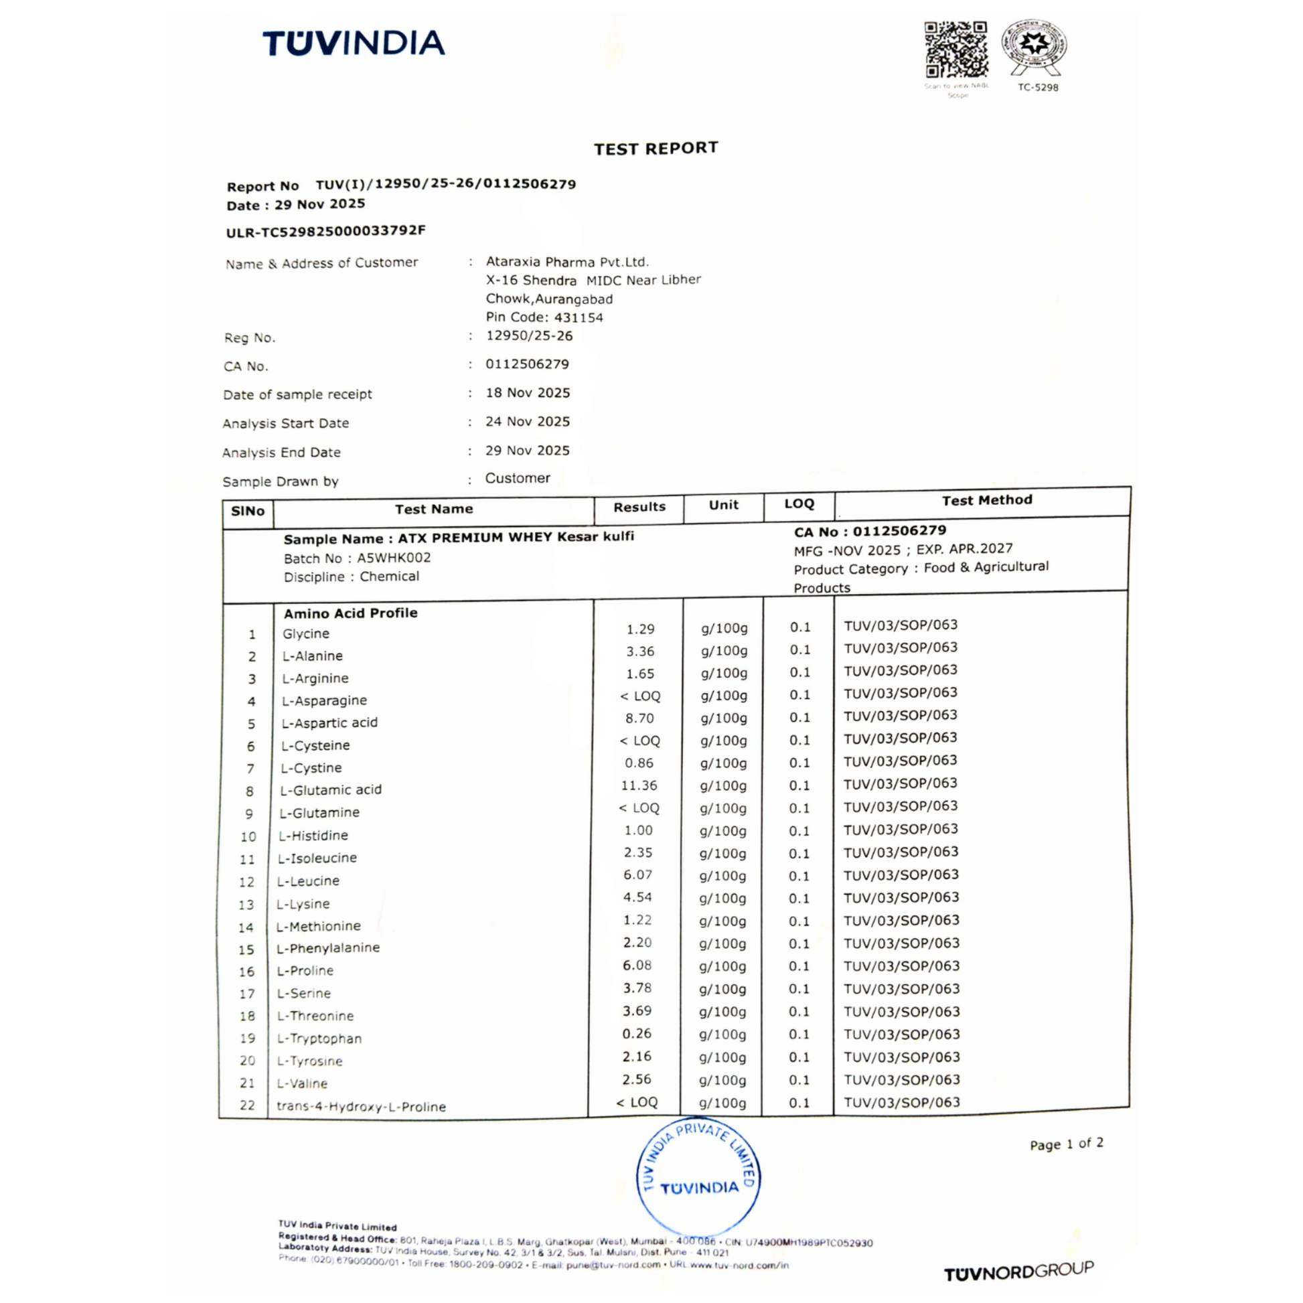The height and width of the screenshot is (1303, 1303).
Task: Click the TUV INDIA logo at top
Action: coord(354,43)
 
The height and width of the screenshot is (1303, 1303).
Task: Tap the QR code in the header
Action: coord(955,50)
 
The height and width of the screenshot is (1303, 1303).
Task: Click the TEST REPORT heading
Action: coord(656,149)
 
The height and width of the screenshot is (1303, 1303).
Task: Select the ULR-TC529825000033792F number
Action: coord(325,231)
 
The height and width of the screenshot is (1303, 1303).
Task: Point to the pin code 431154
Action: coord(578,317)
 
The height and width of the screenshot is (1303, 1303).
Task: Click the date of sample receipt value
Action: coord(528,392)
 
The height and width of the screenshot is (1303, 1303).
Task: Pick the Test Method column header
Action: coord(987,500)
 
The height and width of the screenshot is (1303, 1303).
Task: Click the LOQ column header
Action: coord(799,504)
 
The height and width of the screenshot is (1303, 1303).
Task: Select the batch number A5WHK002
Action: coord(394,558)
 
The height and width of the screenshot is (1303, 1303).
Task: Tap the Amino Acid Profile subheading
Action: coord(350,613)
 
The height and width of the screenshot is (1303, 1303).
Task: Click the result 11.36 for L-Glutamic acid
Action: coord(639,785)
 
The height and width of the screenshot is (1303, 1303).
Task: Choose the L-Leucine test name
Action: coord(309,881)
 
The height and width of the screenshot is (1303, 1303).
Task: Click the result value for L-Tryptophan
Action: coord(637,1033)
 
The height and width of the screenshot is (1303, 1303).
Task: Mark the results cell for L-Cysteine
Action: coord(639,741)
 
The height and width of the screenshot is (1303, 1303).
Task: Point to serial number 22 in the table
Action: coord(248,1105)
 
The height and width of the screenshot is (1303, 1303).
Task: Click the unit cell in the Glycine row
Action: coord(724,629)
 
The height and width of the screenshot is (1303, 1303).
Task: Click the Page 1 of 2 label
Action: coord(1066,1144)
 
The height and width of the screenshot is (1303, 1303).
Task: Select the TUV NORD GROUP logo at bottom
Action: coord(1018,1272)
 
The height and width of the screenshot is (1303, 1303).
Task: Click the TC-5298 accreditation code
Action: coord(1038,88)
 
